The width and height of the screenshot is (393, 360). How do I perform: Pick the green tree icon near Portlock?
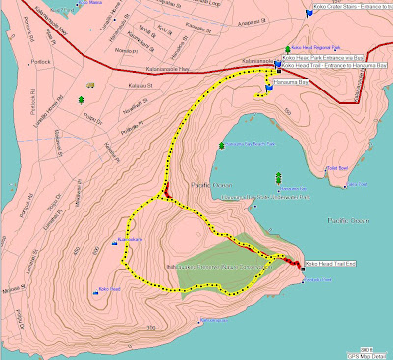(x=80, y=100)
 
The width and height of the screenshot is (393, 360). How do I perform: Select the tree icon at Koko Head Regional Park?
(x=287, y=48)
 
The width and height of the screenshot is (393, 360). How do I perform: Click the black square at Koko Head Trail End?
(x=301, y=265)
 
